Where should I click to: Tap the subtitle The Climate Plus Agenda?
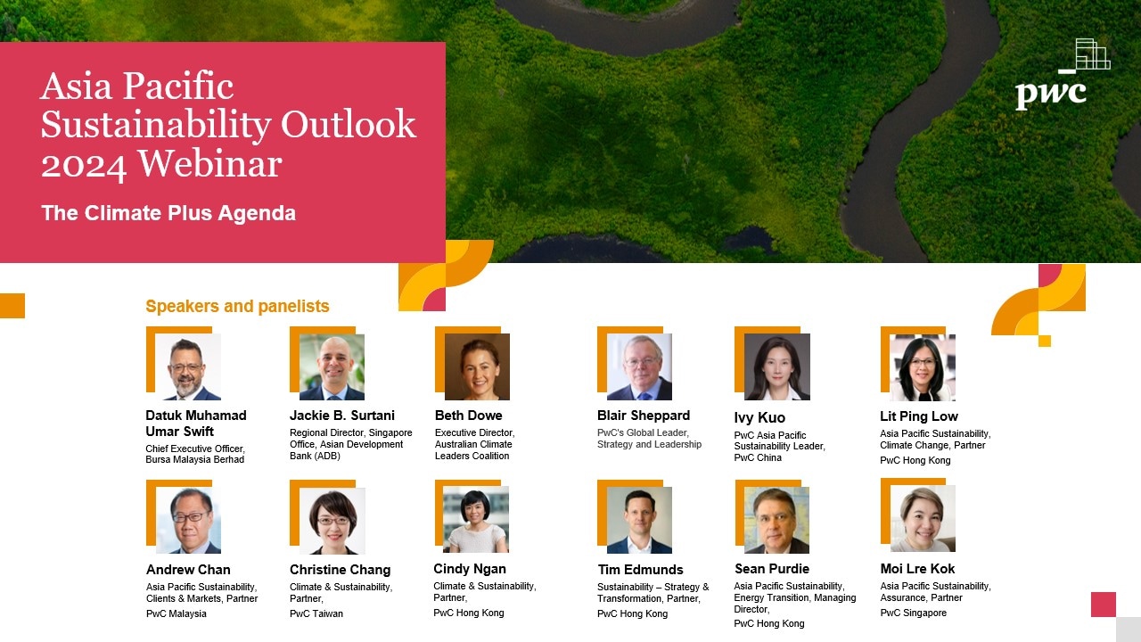168,213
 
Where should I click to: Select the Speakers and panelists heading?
237,306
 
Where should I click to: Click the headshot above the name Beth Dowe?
477,366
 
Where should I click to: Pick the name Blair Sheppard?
644,416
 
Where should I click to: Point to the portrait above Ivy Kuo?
777,366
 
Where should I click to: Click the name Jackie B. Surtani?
342,416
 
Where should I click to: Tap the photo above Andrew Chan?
188,520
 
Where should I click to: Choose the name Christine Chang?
341,570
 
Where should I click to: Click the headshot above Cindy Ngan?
476,519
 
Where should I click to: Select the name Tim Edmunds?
640,570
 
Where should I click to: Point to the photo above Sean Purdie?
776,520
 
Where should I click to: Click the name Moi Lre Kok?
917,569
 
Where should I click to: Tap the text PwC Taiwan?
316,613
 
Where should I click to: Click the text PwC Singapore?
914,613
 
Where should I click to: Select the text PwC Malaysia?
176,613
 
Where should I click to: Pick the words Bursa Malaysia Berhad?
194,459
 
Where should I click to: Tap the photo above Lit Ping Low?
923,367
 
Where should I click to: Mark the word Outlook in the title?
349,124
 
